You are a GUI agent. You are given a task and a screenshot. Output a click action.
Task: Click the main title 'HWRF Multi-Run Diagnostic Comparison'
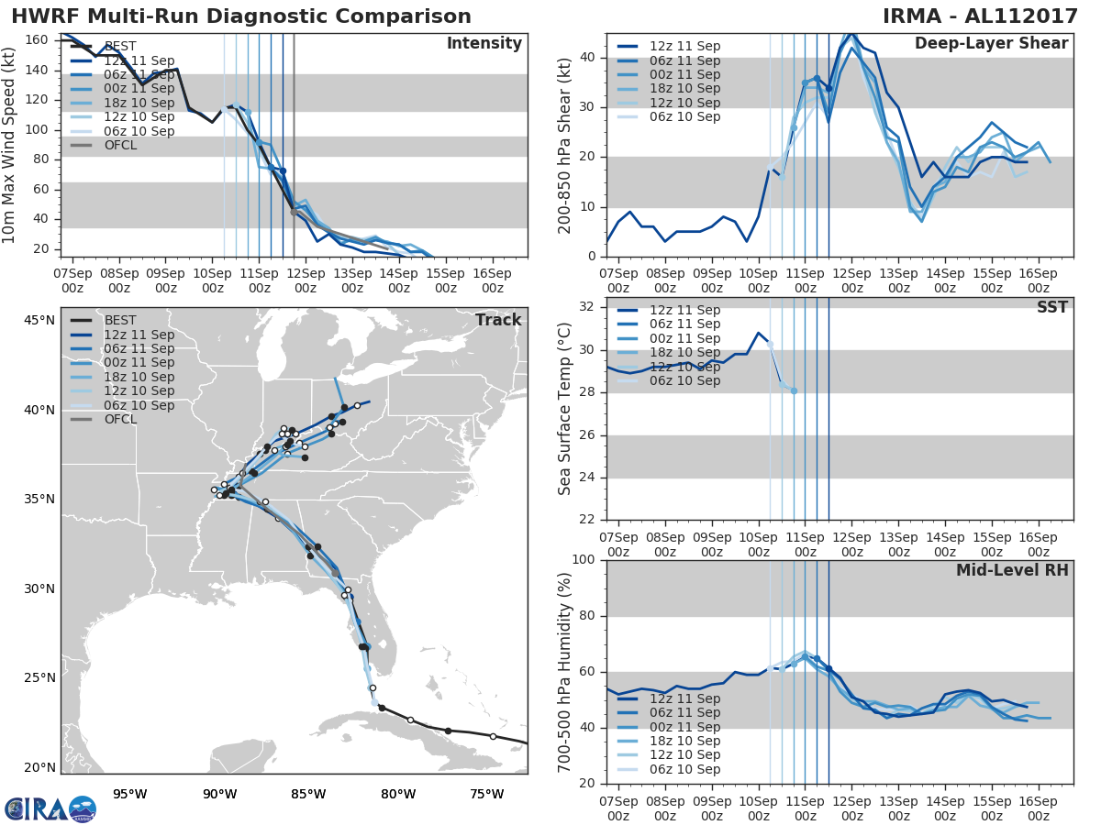(x=241, y=16)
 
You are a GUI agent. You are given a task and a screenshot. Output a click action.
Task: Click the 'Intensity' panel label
(x=484, y=44)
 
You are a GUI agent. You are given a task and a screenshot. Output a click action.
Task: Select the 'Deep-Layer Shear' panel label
(x=991, y=44)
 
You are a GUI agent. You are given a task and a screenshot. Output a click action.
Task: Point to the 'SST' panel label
(x=1051, y=307)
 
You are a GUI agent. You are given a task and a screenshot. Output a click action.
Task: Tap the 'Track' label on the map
(x=498, y=320)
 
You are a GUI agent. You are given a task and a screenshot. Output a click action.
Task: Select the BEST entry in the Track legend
(x=120, y=320)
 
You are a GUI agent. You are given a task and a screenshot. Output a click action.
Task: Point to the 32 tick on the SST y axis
(x=588, y=307)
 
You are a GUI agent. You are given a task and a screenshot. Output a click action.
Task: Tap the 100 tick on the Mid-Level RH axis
(x=584, y=559)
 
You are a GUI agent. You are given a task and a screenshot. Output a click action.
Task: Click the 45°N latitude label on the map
(x=39, y=320)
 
